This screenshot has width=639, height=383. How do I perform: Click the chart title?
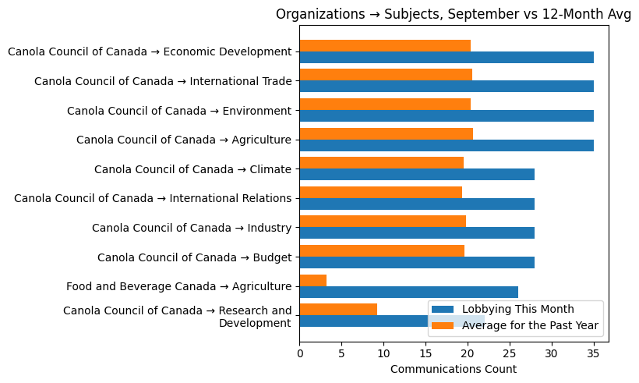tap(454, 14)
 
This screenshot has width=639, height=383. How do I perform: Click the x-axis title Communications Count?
tap(454, 369)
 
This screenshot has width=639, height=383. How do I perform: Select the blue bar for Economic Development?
tap(447, 58)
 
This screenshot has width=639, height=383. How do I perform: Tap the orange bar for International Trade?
tap(386, 75)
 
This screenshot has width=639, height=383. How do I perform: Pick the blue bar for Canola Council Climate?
tap(417, 175)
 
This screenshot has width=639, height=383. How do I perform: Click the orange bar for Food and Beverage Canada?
tap(313, 280)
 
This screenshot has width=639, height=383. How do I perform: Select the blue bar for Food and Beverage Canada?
tap(409, 292)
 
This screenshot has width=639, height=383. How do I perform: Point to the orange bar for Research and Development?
tap(338, 309)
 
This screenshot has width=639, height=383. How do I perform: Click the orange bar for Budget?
tap(382, 250)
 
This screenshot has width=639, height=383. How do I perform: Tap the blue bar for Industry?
tap(417, 233)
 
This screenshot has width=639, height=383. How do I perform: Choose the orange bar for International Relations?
tap(381, 192)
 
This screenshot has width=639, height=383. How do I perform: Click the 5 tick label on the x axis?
tap(342, 354)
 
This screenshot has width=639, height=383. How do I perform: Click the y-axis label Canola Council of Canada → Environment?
tap(179, 111)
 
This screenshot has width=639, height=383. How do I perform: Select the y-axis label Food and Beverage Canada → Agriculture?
tap(179, 286)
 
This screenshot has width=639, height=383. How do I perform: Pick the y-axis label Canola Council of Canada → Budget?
tap(195, 257)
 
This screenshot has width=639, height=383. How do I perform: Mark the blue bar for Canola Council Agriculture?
tap(447, 145)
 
